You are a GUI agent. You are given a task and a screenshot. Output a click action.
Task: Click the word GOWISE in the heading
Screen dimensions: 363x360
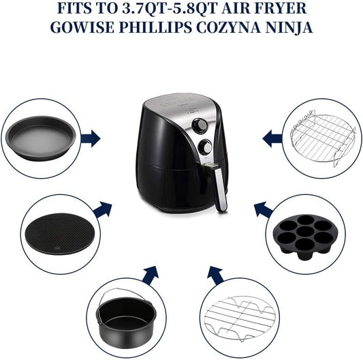[x=82, y=27]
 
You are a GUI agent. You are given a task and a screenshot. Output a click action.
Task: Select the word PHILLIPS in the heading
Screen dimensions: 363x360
[x=155, y=27]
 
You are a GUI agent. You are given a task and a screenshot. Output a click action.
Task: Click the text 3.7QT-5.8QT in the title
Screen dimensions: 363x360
[x=169, y=8]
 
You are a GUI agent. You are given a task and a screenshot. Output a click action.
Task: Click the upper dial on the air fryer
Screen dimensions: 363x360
[x=200, y=126]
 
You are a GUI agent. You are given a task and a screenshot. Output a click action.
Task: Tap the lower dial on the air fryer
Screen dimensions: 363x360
[x=205, y=147]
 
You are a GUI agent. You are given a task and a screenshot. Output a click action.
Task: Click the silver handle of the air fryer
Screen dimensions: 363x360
[x=221, y=190]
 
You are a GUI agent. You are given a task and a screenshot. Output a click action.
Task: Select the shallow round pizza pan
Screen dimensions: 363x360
[x=41, y=138]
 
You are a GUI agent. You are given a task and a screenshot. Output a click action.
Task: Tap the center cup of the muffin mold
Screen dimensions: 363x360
[x=306, y=232]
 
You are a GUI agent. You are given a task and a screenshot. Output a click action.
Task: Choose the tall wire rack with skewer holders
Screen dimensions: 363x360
[x=323, y=138]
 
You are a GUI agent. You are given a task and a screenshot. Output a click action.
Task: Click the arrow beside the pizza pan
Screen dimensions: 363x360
[x=91, y=138]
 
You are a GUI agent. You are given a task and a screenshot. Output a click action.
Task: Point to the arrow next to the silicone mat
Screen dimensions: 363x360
[x=103, y=209]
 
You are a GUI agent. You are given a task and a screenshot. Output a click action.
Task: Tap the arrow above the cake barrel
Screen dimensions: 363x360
[x=151, y=275]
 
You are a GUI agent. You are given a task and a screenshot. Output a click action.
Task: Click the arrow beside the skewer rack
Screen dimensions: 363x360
[x=272, y=138]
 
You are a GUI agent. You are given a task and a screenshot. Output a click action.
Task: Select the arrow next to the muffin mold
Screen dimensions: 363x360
[x=264, y=209]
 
